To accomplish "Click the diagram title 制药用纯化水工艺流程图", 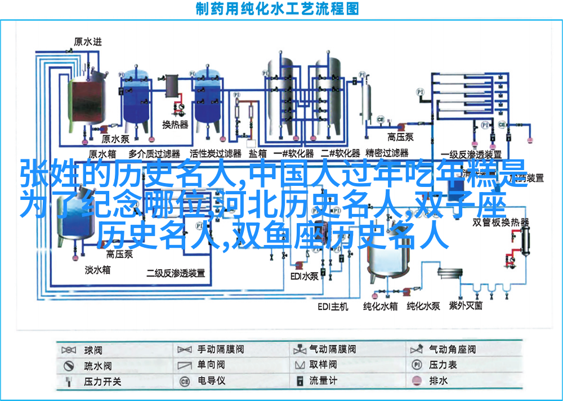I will (278, 9).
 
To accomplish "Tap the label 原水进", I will (88, 41).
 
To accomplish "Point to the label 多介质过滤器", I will (154, 154).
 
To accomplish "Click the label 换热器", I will (175, 124).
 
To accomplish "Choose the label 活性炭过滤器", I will (215, 154).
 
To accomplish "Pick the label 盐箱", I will (258, 154).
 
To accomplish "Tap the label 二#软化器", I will (340, 154).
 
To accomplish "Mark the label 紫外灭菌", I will (466, 306).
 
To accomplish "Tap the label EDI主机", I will (333, 306).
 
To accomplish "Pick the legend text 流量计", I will (323, 381).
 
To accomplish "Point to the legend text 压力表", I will (443, 365).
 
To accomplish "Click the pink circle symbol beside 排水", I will (417, 381).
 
